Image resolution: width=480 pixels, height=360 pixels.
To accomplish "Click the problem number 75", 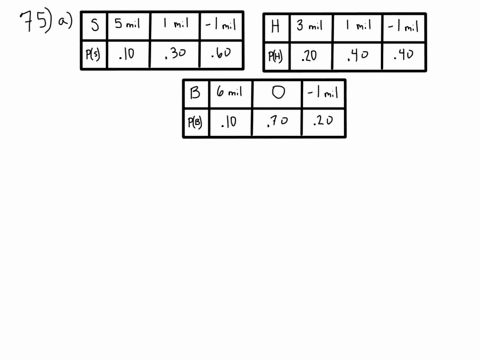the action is coord(37,21).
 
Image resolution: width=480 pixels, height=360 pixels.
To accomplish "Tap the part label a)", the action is coord(65,21).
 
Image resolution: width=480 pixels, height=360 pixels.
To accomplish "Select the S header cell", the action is coord(95,25).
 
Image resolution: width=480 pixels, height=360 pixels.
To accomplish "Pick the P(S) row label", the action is coord(93,54).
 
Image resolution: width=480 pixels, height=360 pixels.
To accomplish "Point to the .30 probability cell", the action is coord(176,53).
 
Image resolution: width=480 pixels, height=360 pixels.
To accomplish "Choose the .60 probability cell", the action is coord(221,53).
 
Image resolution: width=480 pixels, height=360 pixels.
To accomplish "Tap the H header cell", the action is coord(275,26).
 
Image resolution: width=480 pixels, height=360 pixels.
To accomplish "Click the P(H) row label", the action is coord(275,56).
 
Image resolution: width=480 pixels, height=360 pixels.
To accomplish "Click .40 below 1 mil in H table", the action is coord(358,55).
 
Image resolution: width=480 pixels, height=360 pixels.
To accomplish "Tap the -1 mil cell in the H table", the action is coord(403,26).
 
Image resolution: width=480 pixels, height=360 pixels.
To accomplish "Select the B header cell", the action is coord(195,93).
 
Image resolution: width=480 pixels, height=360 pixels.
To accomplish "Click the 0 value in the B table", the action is coord(278,92).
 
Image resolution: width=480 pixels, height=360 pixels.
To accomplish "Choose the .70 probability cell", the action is coord(277,121).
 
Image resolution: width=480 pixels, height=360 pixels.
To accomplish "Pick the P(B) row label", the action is coord(195,122).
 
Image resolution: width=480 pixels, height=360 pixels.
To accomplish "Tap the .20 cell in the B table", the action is coord(323,121).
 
